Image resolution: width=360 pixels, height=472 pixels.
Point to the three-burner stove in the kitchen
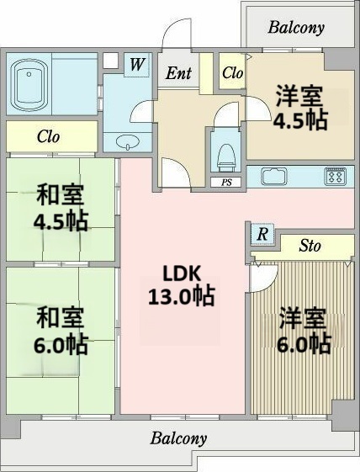(x=336, y=178)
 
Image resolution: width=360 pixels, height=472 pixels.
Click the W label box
(x=136, y=63)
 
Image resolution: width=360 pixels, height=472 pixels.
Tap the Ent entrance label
(x=177, y=73)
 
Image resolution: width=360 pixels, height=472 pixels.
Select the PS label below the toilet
(x=225, y=182)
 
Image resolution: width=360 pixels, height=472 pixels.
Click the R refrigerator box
(x=262, y=235)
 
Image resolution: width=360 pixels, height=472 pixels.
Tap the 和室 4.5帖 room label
(x=60, y=209)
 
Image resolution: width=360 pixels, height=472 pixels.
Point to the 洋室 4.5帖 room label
(x=299, y=107)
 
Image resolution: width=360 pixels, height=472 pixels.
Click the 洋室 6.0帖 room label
(x=304, y=331)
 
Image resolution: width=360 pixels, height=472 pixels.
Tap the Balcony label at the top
(x=295, y=27)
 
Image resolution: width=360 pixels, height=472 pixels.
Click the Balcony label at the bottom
(x=178, y=438)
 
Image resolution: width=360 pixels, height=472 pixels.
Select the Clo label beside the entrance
(x=232, y=73)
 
